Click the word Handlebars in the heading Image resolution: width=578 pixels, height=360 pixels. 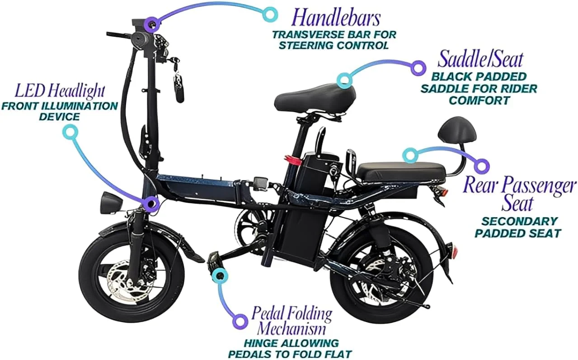pyautogui.click(x=336, y=18)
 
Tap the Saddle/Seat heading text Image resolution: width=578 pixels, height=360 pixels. pyautogui.click(x=480, y=59)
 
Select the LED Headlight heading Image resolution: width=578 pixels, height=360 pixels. pyautogui.click(x=60, y=91)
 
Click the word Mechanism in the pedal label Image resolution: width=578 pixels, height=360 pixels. pyautogui.click(x=291, y=329)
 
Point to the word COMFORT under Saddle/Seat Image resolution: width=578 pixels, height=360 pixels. pyautogui.click(x=479, y=100)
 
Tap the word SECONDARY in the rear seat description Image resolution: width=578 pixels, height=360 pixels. pyautogui.click(x=520, y=221)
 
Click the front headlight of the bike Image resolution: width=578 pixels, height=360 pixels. pyautogui.click(x=110, y=202)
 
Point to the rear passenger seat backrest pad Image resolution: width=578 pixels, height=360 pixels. pyautogui.click(x=457, y=132)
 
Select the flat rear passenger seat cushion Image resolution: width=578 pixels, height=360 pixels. pyautogui.click(x=401, y=171)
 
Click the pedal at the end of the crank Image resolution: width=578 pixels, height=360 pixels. pyautogui.click(x=215, y=261)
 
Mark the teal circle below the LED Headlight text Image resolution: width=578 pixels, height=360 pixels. pyautogui.click(x=70, y=132)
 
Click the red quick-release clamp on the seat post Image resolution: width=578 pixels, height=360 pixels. pyautogui.click(x=293, y=160)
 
